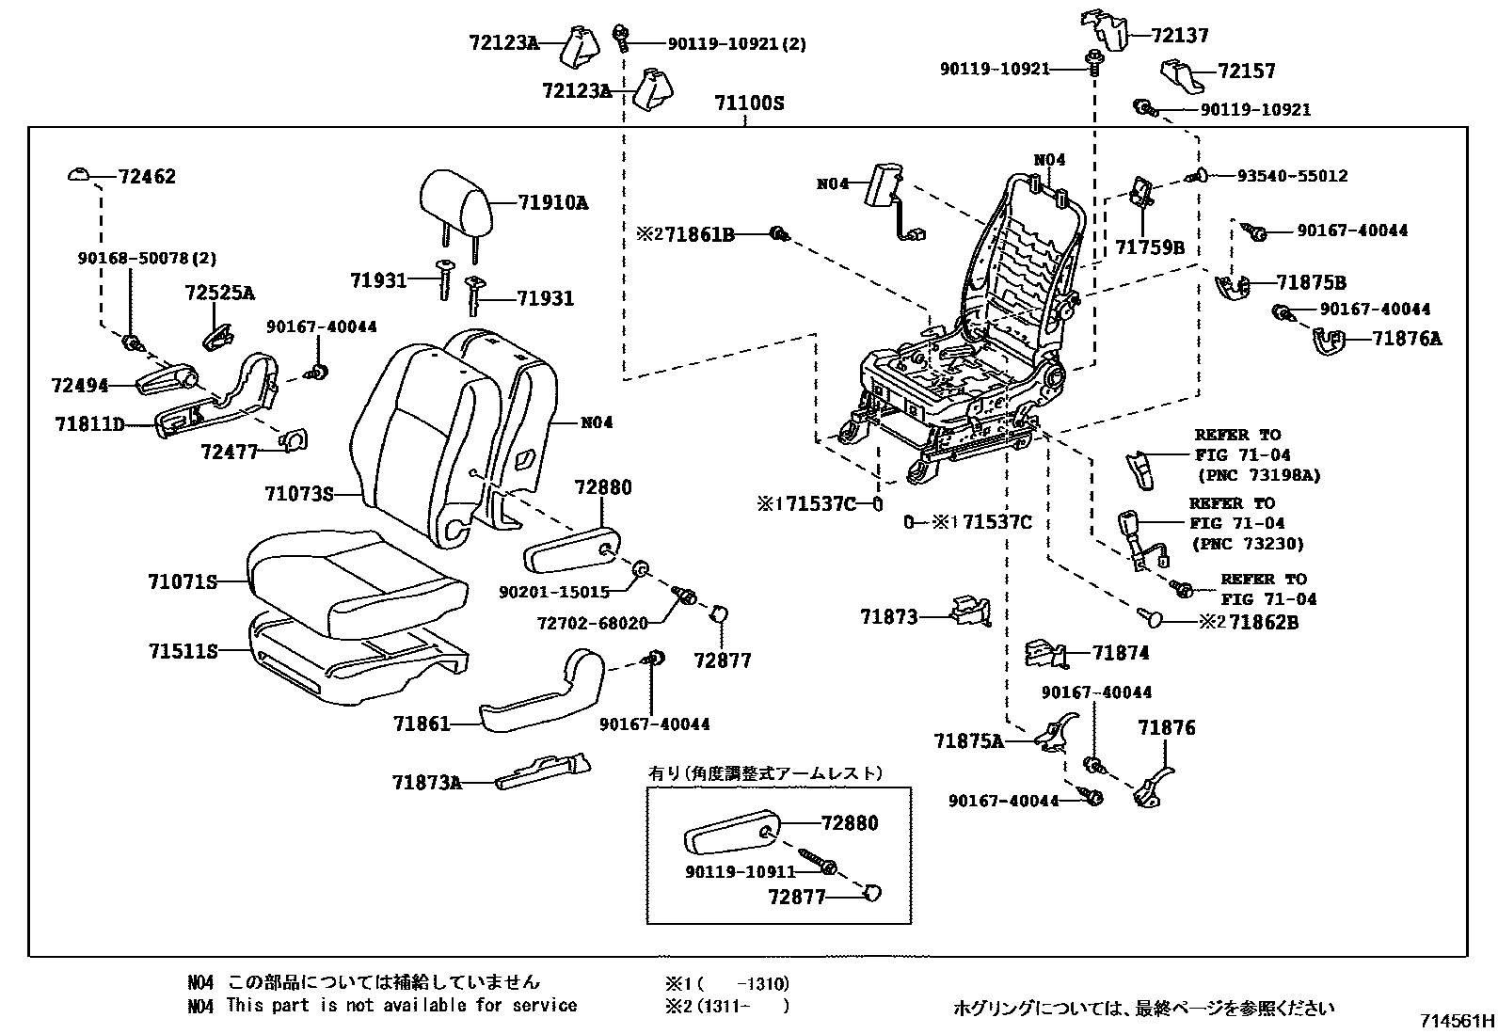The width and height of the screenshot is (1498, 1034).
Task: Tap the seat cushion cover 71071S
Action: [x=358, y=579]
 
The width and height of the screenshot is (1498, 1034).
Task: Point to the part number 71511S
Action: [x=183, y=651]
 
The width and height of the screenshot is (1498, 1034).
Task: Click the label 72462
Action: [x=147, y=177]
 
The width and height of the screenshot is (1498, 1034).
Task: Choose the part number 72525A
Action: [x=219, y=293]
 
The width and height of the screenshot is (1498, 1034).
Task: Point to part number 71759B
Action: [x=1150, y=247]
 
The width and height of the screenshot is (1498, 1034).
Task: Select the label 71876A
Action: [x=1407, y=339]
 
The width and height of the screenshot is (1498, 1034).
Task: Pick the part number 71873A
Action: [x=426, y=782]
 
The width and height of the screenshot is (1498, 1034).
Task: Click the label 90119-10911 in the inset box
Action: [x=740, y=872]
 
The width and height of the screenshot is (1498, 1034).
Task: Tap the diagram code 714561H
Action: [x=1458, y=1021]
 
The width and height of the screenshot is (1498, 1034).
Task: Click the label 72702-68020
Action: [x=593, y=623]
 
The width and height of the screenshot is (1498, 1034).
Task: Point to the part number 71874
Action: [x=1121, y=652]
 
